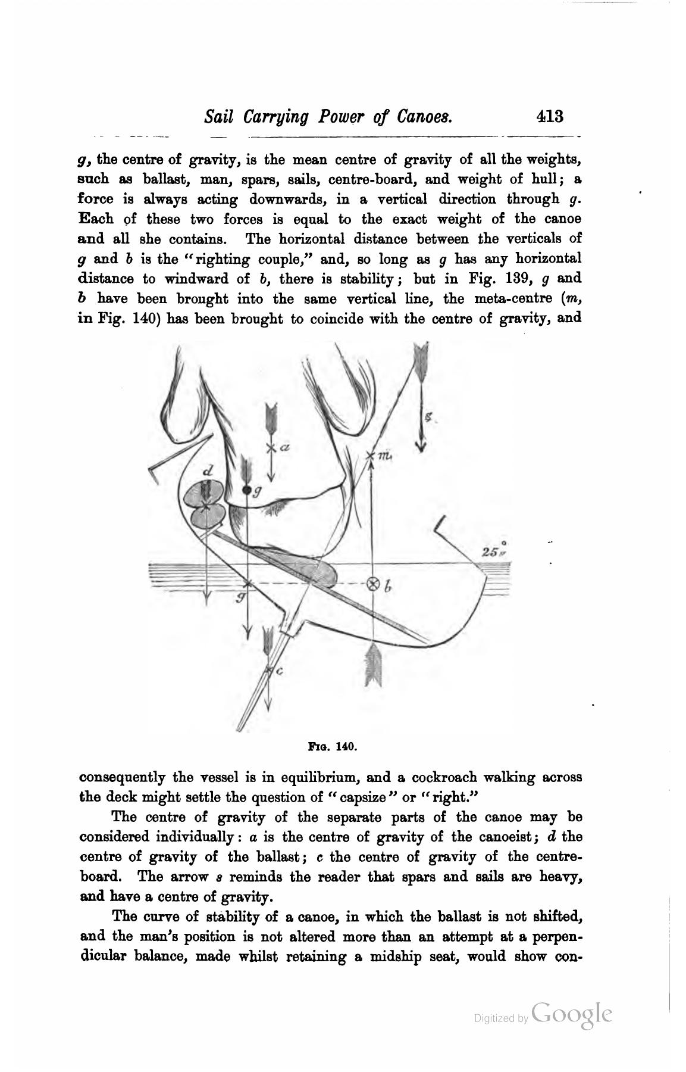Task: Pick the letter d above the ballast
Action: pos(208,470)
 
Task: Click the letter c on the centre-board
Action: pos(278,671)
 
